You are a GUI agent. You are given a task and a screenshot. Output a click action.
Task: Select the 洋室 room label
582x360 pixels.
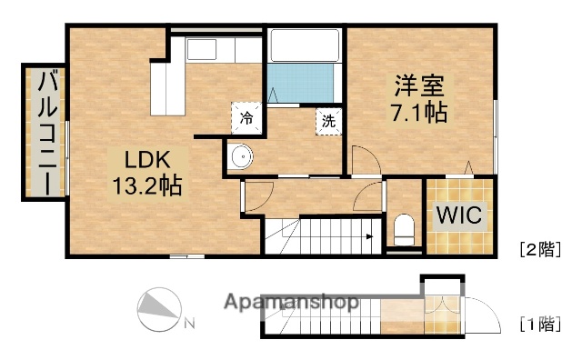tap(418, 89)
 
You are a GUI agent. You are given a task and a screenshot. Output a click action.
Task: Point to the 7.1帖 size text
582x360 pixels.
tap(418, 115)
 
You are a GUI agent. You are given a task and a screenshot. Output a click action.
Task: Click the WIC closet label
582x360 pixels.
tap(459, 217)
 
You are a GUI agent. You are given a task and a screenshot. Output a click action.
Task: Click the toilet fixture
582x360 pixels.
tap(403, 227)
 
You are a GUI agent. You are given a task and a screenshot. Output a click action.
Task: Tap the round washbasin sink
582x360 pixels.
tap(241, 157)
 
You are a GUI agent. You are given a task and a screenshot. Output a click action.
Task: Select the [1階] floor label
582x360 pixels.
tap(538, 323)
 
